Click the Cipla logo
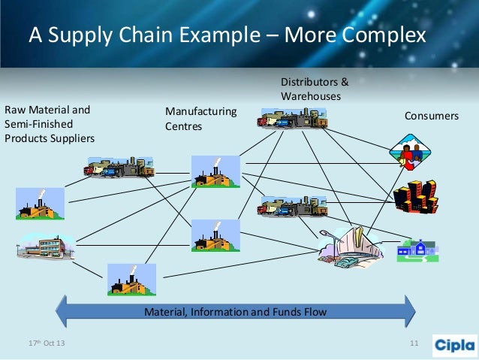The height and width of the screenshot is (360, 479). coord(454,345)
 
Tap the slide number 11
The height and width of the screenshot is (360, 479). coord(413,344)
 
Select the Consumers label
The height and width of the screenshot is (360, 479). coord(431,116)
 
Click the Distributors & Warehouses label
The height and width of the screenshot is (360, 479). coord(315,89)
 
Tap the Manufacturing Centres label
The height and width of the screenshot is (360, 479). coord(200,119)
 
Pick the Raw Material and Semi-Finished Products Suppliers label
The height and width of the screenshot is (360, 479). coord(50,124)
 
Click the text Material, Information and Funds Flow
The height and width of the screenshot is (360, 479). coord(236,310)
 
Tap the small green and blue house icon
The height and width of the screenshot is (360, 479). coord(417,249)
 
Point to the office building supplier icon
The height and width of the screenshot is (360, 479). coord(45,245)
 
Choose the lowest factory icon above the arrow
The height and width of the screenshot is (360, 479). coord(131,280)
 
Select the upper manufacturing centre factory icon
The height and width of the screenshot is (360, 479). coord(215,171)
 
